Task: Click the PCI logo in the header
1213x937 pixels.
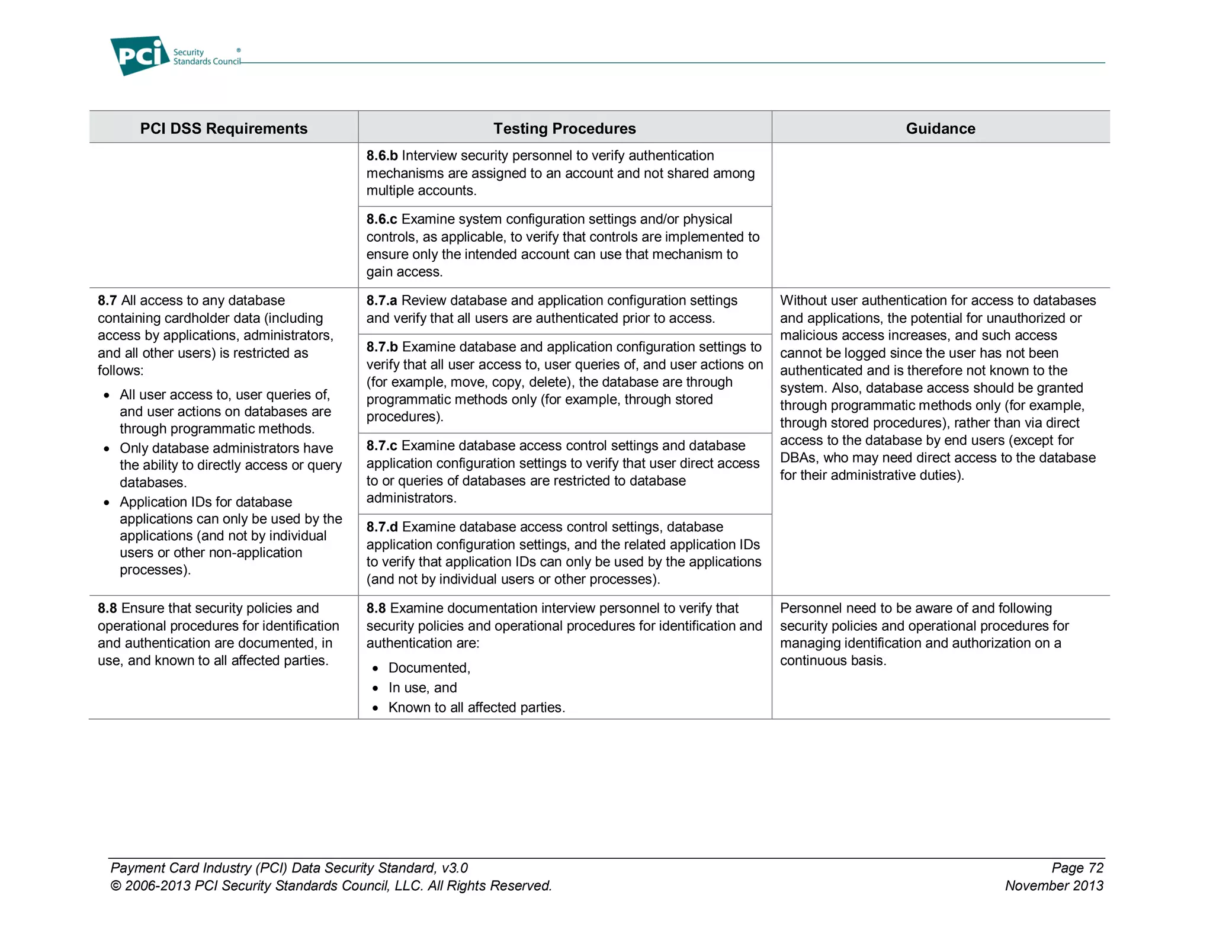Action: [x=140, y=56]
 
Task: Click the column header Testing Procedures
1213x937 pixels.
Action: [x=564, y=129]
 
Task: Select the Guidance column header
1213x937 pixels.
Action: [x=940, y=129]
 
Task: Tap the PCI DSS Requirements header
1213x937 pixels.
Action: [x=223, y=129]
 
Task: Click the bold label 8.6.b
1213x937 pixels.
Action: [x=381, y=156]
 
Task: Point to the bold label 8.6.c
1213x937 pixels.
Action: [x=381, y=219]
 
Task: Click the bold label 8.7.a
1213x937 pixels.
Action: [x=381, y=301]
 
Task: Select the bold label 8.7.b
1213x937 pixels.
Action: [x=381, y=347]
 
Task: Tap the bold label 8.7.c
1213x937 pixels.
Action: [x=381, y=446]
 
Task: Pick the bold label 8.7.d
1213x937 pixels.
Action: [x=381, y=527]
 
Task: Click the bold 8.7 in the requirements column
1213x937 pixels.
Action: [x=107, y=301]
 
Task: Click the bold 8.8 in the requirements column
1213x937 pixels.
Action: [x=107, y=608]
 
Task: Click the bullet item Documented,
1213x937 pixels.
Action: [x=429, y=668]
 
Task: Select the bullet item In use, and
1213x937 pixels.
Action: [x=422, y=688]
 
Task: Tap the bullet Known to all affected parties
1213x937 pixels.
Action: [x=476, y=708]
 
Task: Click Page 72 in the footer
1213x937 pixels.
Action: [x=1077, y=868]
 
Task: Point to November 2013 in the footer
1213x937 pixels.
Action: [x=1054, y=886]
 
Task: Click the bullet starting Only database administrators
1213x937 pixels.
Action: [x=226, y=448]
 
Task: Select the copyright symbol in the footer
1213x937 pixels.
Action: [x=115, y=886]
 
